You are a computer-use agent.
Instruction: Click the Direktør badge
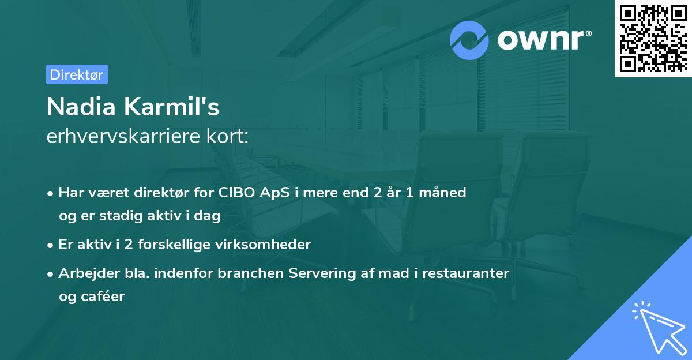click(x=77, y=74)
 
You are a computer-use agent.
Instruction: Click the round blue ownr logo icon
click(x=469, y=40)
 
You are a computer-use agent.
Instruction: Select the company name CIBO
click(x=235, y=193)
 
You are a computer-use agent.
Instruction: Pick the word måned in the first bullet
click(x=444, y=193)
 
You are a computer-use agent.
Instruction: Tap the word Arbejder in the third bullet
click(x=84, y=273)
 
